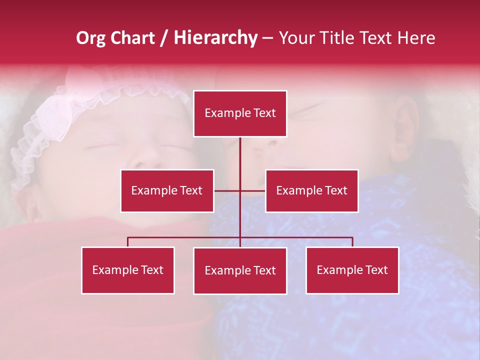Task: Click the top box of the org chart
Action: pos(240,113)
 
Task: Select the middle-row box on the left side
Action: pos(167,190)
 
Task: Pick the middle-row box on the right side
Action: pos(311,190)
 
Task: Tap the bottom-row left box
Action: pos(128,270)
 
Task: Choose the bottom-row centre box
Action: pos(240,270)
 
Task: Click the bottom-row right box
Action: pos(352,270)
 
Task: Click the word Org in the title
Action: pos(90,38)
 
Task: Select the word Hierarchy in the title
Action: pos(215,38)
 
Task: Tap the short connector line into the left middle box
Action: pos(226,190)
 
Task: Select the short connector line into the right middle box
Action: pos(253,190)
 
